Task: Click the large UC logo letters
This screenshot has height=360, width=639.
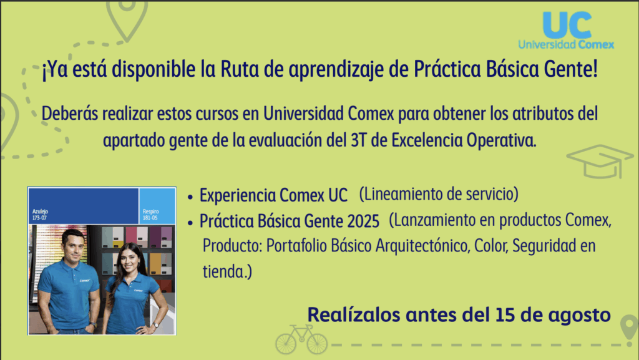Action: point(568,24)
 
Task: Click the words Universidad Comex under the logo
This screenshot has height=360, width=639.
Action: point(566,44)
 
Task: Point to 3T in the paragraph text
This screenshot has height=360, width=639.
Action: point(359,140)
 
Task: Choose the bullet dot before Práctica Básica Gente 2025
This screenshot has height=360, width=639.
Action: point(190,223)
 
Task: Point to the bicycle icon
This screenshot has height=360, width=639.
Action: point(301,339)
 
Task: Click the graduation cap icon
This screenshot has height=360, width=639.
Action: point(600,161)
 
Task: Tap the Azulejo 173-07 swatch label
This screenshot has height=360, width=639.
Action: point(41,215)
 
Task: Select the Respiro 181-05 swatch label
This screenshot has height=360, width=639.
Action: point(151,215)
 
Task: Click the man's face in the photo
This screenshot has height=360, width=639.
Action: point(74,246)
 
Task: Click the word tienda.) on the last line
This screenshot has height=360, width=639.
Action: point(227,271)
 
